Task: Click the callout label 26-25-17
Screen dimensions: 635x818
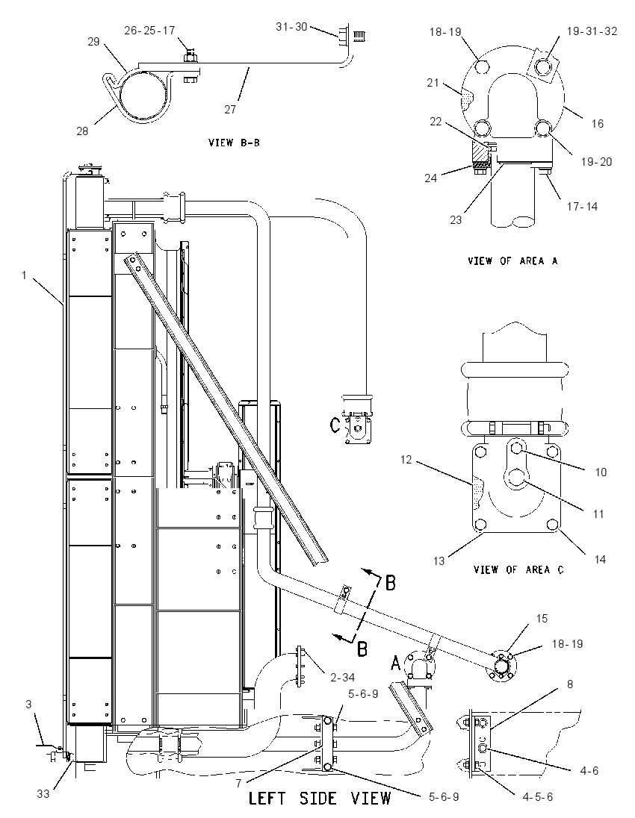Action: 149,31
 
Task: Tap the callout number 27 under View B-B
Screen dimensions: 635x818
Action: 230,110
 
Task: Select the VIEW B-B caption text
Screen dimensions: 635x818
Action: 234,143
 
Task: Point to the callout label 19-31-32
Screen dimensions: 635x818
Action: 592,31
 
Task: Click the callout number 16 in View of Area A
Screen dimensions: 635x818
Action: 598,124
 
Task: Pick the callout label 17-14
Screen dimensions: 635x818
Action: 582,207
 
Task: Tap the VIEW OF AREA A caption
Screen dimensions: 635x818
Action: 512,260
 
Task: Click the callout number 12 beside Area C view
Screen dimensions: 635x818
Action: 406,460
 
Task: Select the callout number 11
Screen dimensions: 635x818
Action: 598,513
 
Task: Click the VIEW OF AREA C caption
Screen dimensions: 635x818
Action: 518,569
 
